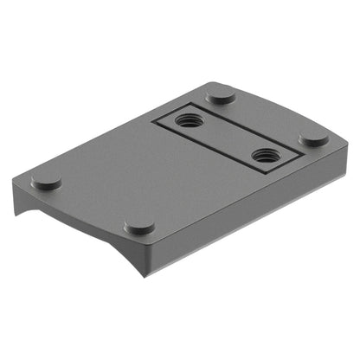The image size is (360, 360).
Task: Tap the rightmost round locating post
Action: point(313,138)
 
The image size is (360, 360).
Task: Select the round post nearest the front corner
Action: point(139,227)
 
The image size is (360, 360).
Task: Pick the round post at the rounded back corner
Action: point(222,94)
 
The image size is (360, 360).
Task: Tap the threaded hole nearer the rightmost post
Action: point(263,156)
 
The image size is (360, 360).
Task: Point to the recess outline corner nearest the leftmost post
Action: point(152,121)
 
